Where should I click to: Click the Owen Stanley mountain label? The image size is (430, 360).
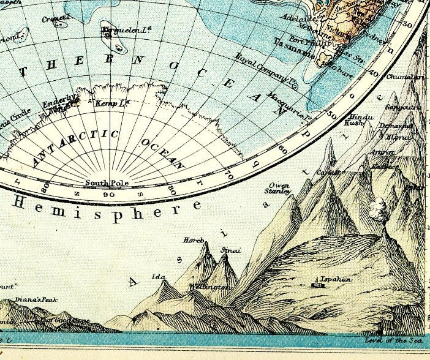pyautogui.click(x=279, y=188)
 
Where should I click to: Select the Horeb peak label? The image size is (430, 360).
pyautogui.click(x=194, y=239)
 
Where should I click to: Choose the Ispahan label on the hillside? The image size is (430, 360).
pyautogui.click(x=334, y=279)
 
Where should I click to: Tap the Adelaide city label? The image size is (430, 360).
pyautogui.click(x=298, y=18)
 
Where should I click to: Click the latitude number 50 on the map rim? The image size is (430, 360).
pyautogui.click(x=332, y=114)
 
